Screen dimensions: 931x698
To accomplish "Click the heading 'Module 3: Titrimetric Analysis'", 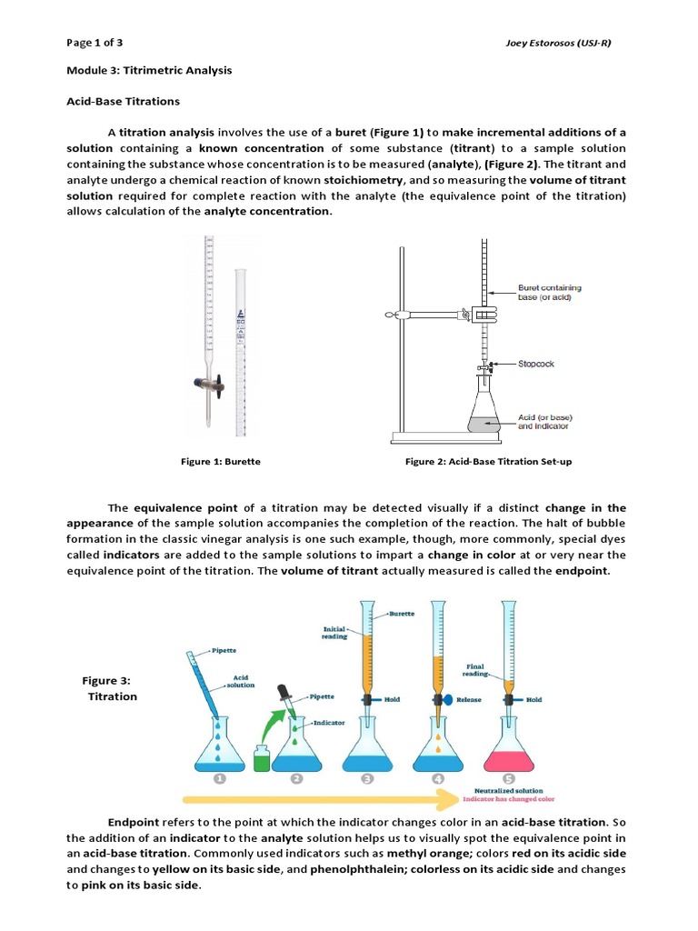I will tap(149, 70).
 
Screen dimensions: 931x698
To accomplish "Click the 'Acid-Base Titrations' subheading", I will tap(123, 101).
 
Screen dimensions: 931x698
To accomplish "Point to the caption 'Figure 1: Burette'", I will tap(221, 461).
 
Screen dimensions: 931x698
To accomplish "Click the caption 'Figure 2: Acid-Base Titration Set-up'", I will tap(488, 461).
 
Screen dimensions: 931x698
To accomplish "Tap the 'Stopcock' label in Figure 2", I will tap(536, 364).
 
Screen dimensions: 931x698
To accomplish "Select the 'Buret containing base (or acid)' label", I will tap(549, 293).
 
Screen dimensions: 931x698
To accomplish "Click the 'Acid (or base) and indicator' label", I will tap(545, 422).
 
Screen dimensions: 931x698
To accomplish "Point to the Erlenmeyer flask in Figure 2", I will tap(484, 408).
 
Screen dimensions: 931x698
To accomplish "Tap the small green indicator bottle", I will tap(261, 756).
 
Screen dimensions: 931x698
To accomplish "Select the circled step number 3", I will tap(366, 779).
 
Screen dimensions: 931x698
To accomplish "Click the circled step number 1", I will tap(219, 779).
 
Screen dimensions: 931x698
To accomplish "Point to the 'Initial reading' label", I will tap(334, 633).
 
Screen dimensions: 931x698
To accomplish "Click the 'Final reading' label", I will tap(475, 669).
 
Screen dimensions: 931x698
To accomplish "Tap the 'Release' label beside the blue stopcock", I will tap(469, 700).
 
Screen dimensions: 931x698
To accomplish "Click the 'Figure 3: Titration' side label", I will tap(112, 688).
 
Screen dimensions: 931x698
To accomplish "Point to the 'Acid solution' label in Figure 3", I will tap(241, 681).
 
